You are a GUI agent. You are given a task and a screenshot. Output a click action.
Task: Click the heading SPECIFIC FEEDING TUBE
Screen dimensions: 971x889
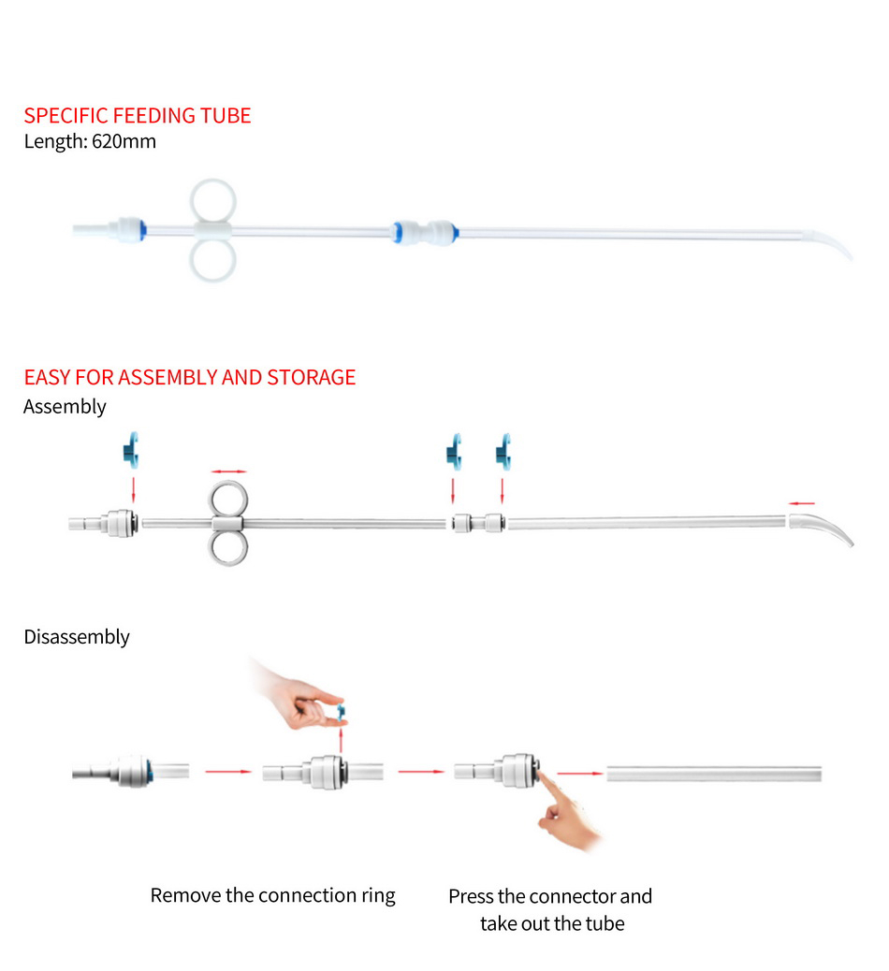pyautogui.click(x=137, y=116)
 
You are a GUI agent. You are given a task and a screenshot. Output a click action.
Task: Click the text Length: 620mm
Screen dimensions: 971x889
pyautogui.click(x=90, y=142)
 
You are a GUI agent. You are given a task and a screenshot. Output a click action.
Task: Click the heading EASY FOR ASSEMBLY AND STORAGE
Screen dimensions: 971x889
pyautogui.click(x=189, y=377)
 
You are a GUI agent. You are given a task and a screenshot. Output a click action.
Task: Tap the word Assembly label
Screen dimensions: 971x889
pyautogui.click(x=65, y=407)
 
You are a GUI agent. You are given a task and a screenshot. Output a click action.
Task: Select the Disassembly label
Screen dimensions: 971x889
pyautogui.click(x=76, y=637)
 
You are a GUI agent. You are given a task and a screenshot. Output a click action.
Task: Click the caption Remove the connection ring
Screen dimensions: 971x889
pyautogui.click(x=272, y=895)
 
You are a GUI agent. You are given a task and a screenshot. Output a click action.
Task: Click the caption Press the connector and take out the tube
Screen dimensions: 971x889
pyautogui.click(x=550, y=909)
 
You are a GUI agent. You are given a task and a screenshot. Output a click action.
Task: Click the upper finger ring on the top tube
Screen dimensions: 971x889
pyautogui.click(x=213, y=200)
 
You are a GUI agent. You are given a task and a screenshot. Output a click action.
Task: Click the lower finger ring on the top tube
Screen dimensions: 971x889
pyautogui.click(x=213, y=261)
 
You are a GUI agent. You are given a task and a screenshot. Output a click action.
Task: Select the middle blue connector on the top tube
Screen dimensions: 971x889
pyautogui.click(x=424, y=230)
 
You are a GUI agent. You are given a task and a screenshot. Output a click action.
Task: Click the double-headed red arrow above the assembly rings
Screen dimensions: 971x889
pyautogui.click(x=228, y=471)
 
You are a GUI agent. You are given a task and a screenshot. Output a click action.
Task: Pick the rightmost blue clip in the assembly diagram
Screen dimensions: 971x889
pyautogui.click(x=504, y=450)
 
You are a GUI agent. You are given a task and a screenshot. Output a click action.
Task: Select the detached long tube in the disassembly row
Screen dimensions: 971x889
pyautogui.click(x=714, y=774)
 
